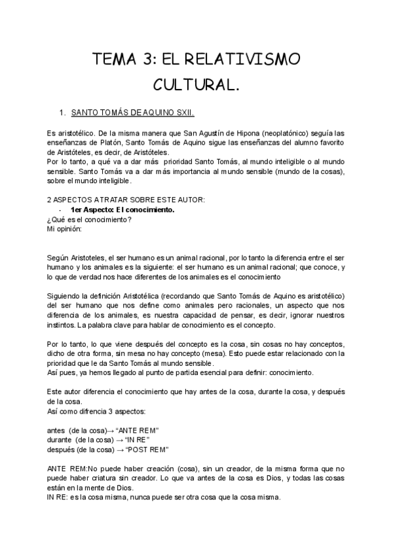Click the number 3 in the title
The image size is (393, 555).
[145, 60]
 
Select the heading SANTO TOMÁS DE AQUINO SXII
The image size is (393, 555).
[133, 113]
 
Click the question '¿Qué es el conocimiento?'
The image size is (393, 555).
[84, 220]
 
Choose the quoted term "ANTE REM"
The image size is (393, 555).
[138, 429]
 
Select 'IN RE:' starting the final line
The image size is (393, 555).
[58, 497]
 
